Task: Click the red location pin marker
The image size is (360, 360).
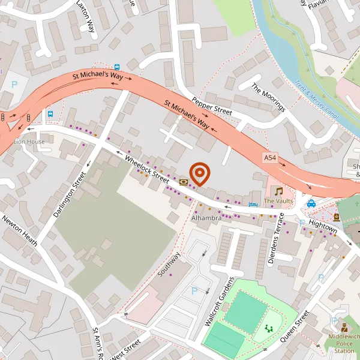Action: [200, 174]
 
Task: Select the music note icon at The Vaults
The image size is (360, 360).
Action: [278, 191]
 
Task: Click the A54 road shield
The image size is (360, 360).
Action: [271, 157]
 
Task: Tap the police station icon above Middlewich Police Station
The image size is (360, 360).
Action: [344, 328]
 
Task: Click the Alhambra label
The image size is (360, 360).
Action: [206, 218]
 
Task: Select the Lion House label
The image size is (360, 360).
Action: [29, 142]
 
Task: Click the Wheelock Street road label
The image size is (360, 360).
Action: [148, 169]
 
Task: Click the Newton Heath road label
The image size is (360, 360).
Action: [20, 231]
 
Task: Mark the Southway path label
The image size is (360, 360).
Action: [169, 263]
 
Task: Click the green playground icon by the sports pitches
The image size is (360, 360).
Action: [269, 328]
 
